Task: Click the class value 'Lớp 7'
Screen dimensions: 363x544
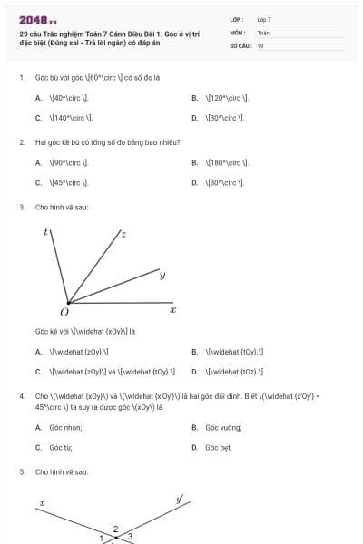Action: point(264,19)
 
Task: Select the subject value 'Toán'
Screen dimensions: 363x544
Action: point(263,33)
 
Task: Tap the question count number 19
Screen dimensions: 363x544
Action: point(260,46)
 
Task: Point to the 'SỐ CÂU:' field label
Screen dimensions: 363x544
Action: point(240,46)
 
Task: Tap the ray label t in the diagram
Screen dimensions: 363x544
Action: point(46,232)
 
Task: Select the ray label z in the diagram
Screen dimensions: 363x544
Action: point(123,234)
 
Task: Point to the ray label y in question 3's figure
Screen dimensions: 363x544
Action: point(162,274)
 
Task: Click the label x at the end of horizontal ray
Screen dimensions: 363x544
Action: point(172,310)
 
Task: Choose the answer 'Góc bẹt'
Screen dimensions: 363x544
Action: point(219,447)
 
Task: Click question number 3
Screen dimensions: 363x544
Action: point(21,207)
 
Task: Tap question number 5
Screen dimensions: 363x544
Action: point(21,472)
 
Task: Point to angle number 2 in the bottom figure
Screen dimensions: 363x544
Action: point(115,529)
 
